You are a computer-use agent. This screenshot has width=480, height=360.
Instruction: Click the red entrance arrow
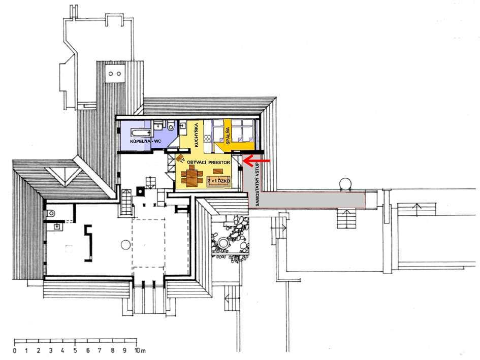(x=256, y=160)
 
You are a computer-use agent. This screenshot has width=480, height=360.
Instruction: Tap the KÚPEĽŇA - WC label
(x=145, y=142)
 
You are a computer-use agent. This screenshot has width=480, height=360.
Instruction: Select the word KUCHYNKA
(x=197, y=135)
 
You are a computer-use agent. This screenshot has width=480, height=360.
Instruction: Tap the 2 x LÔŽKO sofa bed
(x=218, y=182)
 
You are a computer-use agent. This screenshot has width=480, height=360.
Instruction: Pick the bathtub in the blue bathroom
(x=141, y=133)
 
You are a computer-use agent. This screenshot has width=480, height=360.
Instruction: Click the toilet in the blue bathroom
(x=171, y=126)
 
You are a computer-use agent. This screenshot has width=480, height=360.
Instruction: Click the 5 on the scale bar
(x=75, y=350)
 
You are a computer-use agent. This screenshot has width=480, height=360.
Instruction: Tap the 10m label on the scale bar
(x=141, y=350)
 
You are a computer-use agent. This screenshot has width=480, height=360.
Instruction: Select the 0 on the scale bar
(x=15, y=350)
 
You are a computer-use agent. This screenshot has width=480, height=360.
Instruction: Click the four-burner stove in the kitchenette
(x=208, y=138)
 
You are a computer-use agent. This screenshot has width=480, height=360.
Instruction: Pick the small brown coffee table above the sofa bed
(x=218, y=171)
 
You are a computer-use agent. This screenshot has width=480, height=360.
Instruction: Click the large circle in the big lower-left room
(x=125, y=245)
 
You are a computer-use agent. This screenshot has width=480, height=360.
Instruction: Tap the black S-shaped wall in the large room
(x=88, y=243)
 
